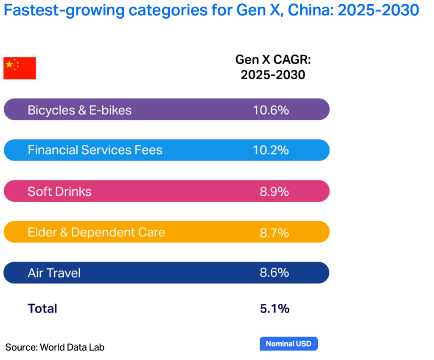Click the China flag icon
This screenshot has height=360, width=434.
point(20,68)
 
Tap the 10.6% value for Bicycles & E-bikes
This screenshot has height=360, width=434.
point(271,110)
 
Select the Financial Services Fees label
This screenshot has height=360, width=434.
point(95,150)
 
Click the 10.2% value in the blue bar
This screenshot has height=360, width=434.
point(271,150)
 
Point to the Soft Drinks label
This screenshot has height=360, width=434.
point(59,191)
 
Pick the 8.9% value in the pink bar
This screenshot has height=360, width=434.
point(274,191)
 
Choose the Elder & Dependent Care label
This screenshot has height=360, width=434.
point(96,232)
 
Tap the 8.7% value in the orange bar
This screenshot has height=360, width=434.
point(274,232)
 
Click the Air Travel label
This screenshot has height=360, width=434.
point(54,273)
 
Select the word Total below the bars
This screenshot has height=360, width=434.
point(42,308)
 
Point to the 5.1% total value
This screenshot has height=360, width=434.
point(274,308)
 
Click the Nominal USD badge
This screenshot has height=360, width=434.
point(288,344)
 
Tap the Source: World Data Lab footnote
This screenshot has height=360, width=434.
point(55,347)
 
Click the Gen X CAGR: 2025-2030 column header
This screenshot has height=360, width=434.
point(273,67)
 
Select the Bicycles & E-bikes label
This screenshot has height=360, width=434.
point(80,110)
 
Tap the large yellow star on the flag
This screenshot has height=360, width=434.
point(10,64)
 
